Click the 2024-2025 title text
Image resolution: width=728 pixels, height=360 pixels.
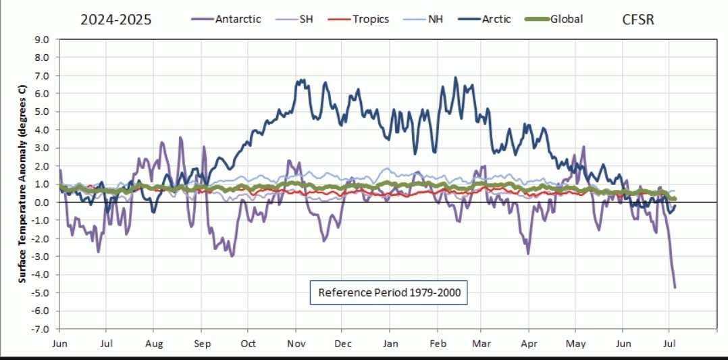click(x=116, y=20)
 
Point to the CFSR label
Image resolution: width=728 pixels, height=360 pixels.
click(x=638, y=20)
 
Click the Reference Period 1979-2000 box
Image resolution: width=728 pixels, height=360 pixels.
click(x=389, y=292)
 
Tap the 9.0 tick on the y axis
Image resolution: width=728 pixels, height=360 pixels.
click(x=42, y=39)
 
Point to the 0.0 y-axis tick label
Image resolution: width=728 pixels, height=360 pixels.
click(x=42, y=202)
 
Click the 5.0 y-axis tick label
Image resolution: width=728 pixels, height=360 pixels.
click(x=42, y=111)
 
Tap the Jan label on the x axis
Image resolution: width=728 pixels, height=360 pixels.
click(x=391, y=343)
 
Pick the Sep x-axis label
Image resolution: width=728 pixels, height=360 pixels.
click(x=202, y=343)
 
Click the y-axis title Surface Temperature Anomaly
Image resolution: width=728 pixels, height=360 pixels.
click(x=22, y=184)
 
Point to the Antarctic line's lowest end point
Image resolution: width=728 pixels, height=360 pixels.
click(x=675, y=288)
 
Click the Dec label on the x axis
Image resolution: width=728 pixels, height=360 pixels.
click(x=344, y=343)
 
